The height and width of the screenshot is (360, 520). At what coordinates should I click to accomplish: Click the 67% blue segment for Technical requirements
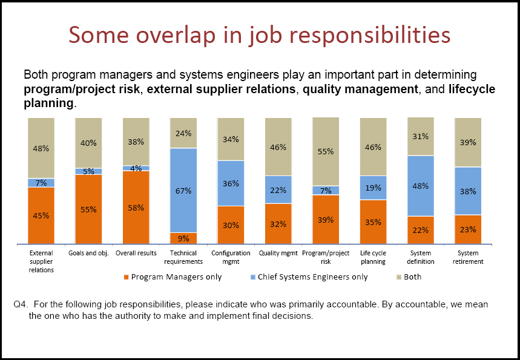coord(183,191)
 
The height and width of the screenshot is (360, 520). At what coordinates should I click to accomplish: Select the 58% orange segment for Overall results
coord(136,208)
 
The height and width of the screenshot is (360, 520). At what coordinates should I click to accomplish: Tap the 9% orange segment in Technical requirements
coord(183,238)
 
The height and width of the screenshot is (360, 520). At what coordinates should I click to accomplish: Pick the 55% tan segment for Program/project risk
coord(326,152)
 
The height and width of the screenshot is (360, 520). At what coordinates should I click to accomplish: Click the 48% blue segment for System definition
coord(421,186)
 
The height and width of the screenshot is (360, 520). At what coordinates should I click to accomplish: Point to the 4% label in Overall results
coord(136,168)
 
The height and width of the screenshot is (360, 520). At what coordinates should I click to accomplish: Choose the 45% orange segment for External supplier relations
coord(41,215)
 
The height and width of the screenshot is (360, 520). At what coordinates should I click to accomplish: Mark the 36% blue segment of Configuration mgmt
coord(231,183)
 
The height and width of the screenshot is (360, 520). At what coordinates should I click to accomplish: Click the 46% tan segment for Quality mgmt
coord(278,147)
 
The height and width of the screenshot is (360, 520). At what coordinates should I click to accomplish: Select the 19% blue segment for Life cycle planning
coord(373,188)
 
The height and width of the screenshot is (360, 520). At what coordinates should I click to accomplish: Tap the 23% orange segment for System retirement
coord(468,229)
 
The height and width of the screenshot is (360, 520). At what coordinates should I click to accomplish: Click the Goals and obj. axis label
coord(88,254)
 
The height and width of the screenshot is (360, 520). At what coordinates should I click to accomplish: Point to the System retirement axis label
coord(467,257)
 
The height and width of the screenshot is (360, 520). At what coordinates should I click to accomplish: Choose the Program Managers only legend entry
coord(173,277)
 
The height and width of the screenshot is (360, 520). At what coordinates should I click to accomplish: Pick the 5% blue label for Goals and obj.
coord(88,171)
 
